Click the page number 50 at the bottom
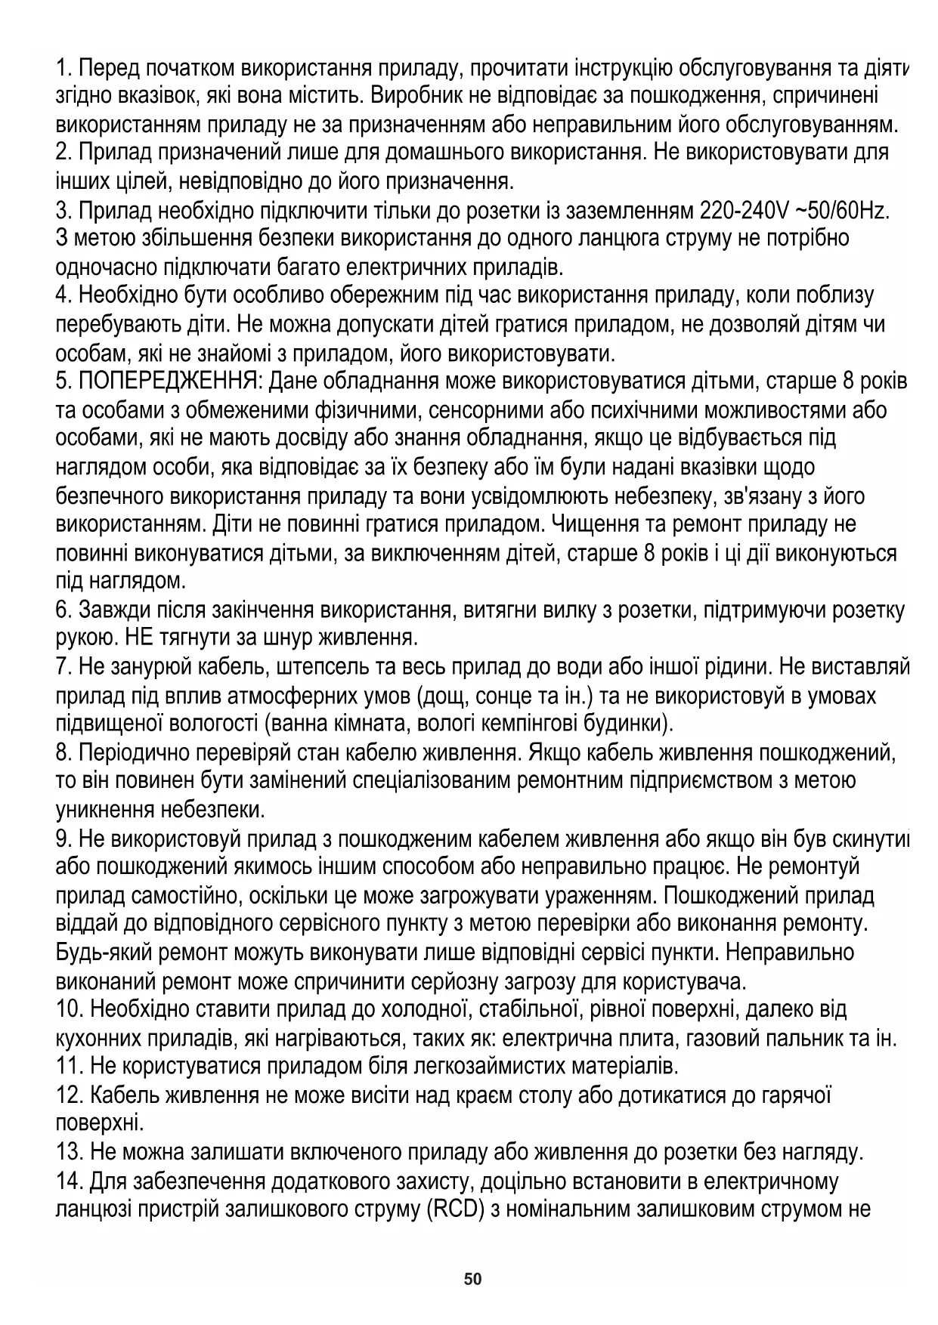pyautogui.click(x=472, y=1279)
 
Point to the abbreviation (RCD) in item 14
pyautogui.click(x=456, y=1209)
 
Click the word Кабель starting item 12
pyautogui.click(x=124, y=1095)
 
